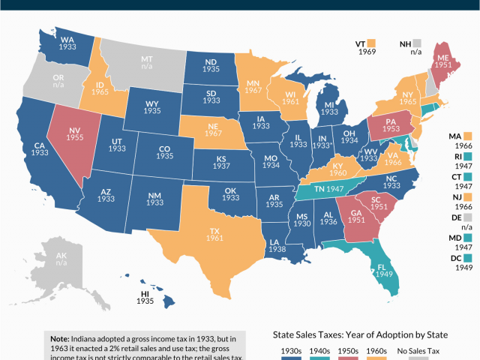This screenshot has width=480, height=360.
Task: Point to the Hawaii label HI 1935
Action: [x=147, y=296]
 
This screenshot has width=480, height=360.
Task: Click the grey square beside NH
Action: [x=417, y=44]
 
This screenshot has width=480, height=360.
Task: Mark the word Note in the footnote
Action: [x=61, y=339]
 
